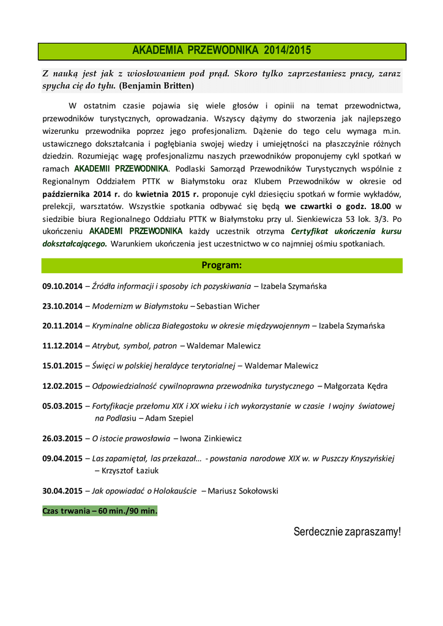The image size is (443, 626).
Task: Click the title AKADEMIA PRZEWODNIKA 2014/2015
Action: [221, 51]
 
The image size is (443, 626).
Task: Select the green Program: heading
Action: [221, 265]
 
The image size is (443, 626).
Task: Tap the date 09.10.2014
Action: [62, 285]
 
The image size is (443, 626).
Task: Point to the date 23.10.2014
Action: [62, 306]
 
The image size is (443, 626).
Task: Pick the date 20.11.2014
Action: [62, 326]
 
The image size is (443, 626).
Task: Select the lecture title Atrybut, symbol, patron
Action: [135, 345]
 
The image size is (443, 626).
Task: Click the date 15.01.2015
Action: [62, 366]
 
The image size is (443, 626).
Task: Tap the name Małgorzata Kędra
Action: [356, 386]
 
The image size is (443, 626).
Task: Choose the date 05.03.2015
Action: [62, 406]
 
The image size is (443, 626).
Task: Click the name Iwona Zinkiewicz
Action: [212, 438]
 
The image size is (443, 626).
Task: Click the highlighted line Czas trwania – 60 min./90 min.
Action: [100, 511]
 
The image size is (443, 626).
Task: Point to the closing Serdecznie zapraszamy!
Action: [347, 532]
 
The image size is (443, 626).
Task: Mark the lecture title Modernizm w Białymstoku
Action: [140, 306]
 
